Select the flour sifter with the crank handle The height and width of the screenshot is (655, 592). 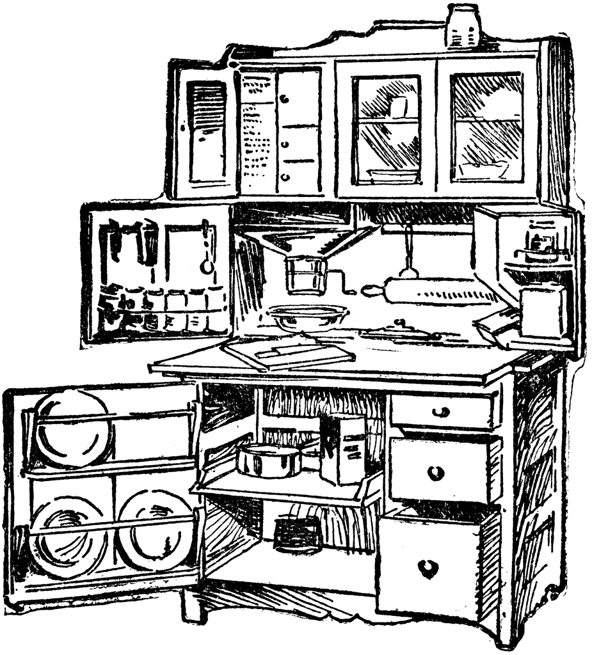click(306, 274)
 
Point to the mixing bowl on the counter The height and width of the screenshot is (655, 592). click(308, 316)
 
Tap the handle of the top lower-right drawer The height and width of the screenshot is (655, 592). click(440, 411)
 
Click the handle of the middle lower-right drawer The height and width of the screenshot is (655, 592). click(436, 473)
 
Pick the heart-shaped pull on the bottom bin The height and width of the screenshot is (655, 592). click(428, 567)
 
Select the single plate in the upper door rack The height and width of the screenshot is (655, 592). click(72, 427)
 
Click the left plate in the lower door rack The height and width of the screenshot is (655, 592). click(67, 536)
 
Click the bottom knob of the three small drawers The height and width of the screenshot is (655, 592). click(284, 176)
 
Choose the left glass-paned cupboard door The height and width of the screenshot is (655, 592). click(387, 128)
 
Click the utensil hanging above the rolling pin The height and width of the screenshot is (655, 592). click(408, 253)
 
